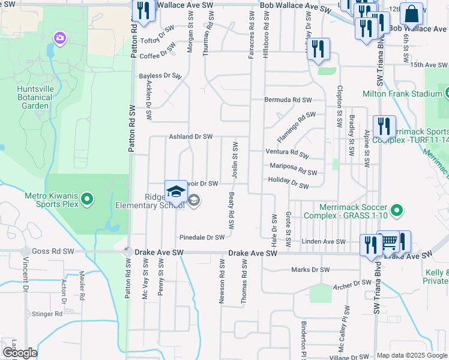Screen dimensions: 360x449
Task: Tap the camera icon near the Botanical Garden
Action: coord(59,39)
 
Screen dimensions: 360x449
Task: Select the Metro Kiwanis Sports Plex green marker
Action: coord(88,199)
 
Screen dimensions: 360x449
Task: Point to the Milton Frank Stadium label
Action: coord(402,94)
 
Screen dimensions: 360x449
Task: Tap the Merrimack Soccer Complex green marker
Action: coord(396,210)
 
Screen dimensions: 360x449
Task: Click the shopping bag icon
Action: coord(412,13)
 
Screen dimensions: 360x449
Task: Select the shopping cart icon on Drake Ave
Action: coord(389,242)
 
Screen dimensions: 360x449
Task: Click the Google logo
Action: coord(19,353)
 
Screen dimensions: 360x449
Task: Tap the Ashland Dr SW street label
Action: coord(190,136)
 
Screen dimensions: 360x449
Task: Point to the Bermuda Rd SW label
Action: coord(290,100)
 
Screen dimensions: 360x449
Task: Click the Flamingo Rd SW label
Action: coord(296,122)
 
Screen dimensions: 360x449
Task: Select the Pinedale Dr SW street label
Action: coord(202,238)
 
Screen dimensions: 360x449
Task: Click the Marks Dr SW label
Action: coord(310,269)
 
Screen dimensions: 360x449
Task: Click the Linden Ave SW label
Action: coord(324,242)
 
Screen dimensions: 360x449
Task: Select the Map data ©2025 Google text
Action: coord(411,355)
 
